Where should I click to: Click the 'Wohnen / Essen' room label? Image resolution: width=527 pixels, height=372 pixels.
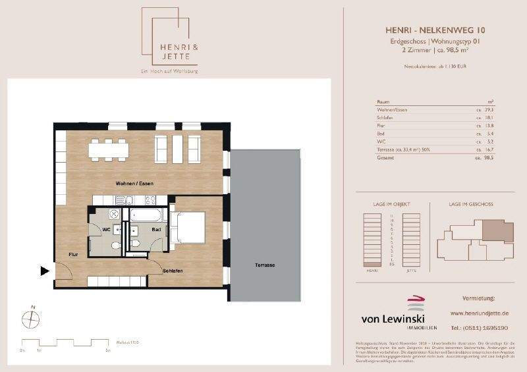click(x=134, y=183)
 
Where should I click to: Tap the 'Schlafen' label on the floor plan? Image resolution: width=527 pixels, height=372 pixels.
click(x=173, y=271)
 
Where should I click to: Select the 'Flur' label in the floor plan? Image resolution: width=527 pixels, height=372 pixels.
click(x=73, y=254)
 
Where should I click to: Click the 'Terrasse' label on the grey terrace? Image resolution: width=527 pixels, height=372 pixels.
click(x=265, y=265)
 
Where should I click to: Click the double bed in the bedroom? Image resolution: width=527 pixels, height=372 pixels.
click(x=188, y=226)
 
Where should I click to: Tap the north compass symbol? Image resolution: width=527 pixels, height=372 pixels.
click(x=31, y=319)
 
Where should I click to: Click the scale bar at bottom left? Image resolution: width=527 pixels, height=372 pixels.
click(x=66, y=342)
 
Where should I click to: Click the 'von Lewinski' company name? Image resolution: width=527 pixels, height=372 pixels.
click(x=395, y=319)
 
